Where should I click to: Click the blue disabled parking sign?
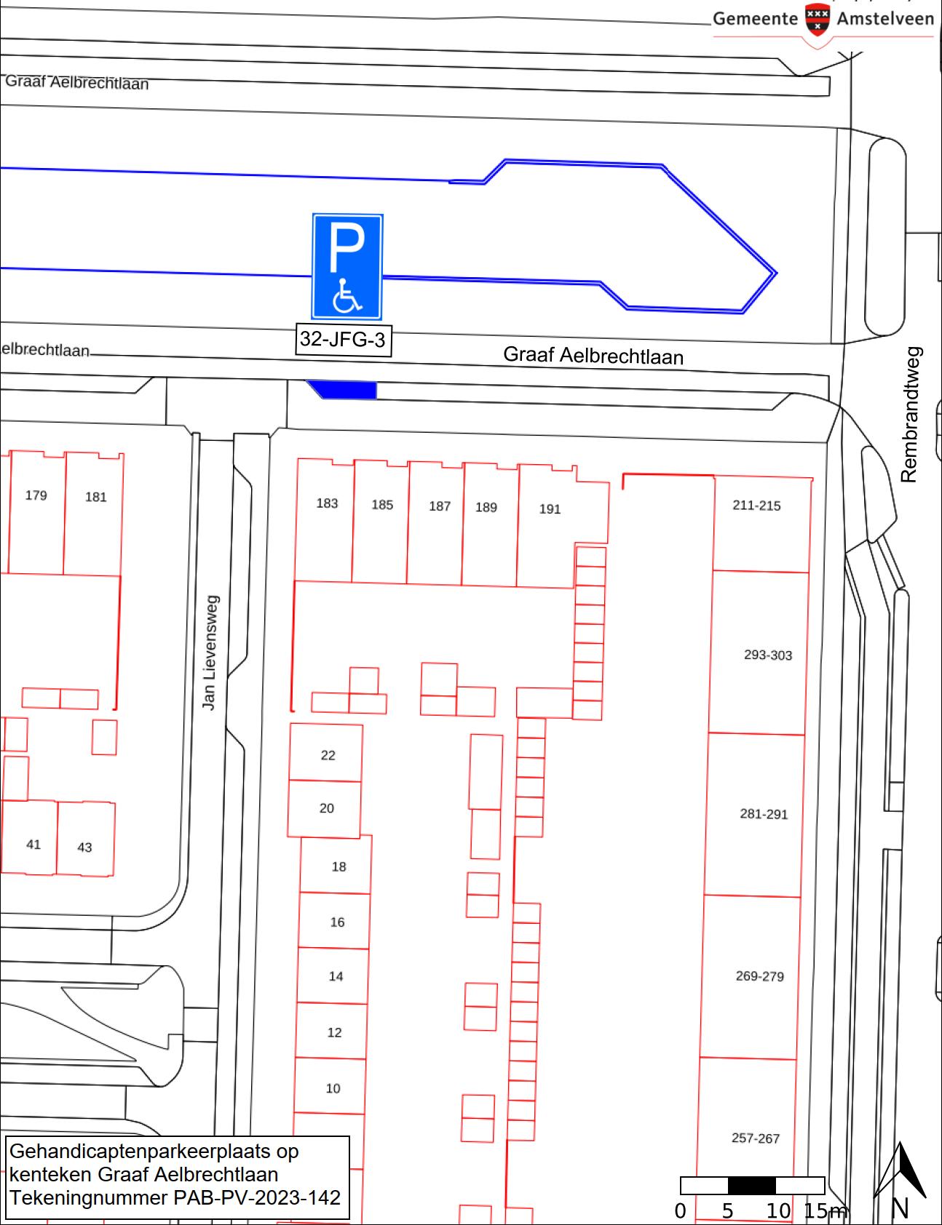pos(347,267)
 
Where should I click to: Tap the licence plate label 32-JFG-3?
pos(343,340)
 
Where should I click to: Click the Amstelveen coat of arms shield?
pos(818,18)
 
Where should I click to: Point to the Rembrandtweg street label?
pos(910,414)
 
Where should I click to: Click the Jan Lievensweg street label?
pos(210,653)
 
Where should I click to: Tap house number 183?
pos(327,503)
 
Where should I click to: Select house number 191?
pos(550,509)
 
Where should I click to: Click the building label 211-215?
pos(756,506)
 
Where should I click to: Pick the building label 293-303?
pos(768,655)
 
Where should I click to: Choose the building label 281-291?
pos(764,814)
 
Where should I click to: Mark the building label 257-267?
pos(756,1138)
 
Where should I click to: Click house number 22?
pos(328,755)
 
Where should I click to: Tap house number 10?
pos(333,1088)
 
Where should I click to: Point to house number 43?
pos(84,847)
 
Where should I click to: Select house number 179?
pos(36,495)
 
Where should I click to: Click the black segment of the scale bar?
pos(752,1186)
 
